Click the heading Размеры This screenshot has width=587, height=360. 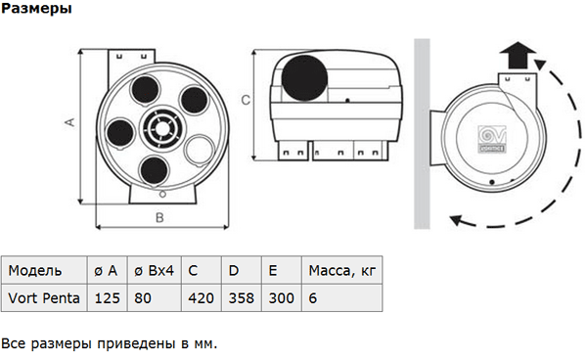click(36, 8)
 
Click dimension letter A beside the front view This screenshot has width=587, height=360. click(70, 122)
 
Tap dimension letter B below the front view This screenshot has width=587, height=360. click(159, 218)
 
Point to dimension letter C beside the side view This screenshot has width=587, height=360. click(246, 100)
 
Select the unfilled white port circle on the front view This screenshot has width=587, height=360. click(199, 150)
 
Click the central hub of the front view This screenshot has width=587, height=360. click(162, 128)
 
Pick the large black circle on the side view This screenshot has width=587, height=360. click(304, 78)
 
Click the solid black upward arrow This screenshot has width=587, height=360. click(519, 55)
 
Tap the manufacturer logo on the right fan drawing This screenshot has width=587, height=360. click(492, 139)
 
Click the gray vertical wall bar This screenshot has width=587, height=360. click(422, 134)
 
